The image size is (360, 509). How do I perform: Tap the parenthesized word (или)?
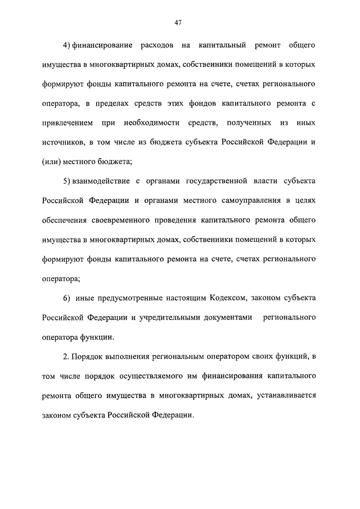pos(52,161)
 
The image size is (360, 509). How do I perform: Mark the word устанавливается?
pos(285,396)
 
